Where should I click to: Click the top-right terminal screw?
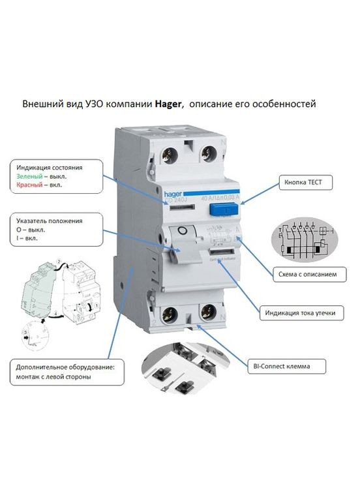pos(211,154)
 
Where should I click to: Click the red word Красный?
pos(30,185)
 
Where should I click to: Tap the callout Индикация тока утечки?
pos(300,313)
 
